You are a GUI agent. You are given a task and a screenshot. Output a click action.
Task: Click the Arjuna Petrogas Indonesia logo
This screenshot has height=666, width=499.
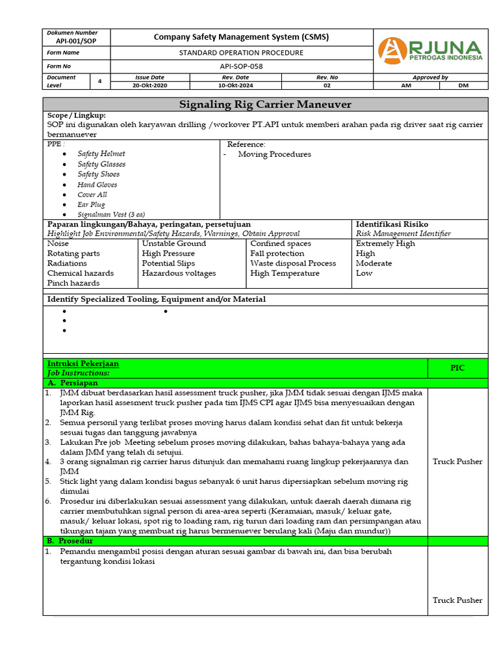click(431, 51)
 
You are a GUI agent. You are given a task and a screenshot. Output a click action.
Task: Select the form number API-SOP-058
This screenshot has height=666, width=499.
click(242, 66)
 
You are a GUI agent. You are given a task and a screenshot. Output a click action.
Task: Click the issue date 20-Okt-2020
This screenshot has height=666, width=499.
click(149, 85)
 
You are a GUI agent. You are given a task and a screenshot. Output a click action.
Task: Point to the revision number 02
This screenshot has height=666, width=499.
click(327, 85)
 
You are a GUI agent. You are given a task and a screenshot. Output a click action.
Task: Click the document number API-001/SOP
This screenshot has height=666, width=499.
click(77, 40)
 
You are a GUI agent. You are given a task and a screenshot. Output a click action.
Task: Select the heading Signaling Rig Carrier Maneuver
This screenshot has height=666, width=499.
click(265, 105)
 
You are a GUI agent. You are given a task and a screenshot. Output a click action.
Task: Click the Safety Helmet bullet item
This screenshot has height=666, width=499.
click(101, 154)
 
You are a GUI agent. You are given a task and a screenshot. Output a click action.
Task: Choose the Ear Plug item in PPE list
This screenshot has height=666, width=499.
click(91, 204)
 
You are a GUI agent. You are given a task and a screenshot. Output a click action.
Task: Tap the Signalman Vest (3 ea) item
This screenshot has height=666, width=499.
click(111, 214)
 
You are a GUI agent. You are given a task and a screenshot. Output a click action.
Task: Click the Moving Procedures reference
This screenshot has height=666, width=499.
click(274, 154)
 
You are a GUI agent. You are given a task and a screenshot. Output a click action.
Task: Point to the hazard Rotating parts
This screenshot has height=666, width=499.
click(73, 254)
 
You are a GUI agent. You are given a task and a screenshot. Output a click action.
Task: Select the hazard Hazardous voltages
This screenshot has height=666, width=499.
click(179, 273)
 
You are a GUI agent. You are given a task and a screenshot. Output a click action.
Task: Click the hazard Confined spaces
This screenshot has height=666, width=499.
click(281, 243)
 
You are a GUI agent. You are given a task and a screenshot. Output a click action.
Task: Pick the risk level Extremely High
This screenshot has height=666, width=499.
click(385, 243)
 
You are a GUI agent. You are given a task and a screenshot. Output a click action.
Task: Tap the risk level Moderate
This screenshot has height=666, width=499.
click(374, 263)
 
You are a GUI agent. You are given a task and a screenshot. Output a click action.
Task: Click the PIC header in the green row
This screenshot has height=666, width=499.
click(457, 368)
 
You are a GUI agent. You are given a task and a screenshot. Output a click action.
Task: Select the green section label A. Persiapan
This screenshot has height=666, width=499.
click(73, 383)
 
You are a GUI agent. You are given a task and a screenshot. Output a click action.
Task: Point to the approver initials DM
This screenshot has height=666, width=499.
click(463, 85)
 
